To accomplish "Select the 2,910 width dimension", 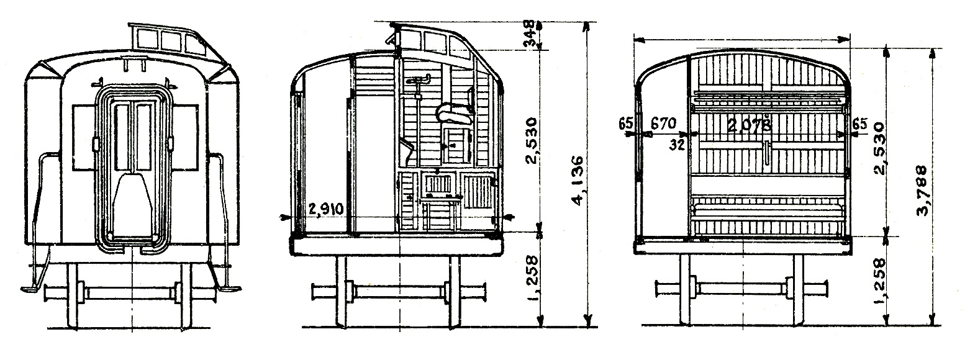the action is click(327, 209).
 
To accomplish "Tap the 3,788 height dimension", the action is click(921, 191).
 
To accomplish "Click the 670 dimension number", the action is click(663, 124).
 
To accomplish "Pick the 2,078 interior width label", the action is click(749, 125).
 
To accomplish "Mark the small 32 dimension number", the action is click(676, 145).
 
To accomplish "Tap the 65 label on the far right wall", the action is click(860, 124).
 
